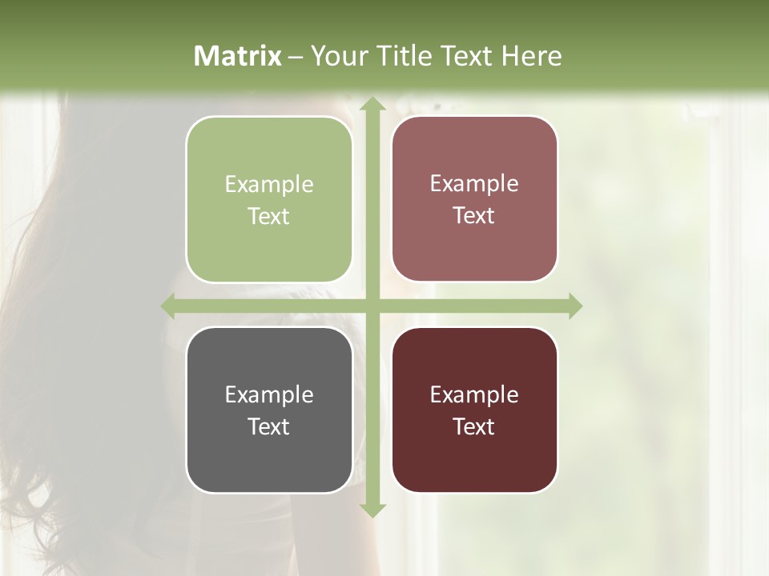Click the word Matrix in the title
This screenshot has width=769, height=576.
tap(238, 56)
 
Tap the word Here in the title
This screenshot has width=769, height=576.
tap(531, 56)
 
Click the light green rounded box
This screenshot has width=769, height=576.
tap(269, 199)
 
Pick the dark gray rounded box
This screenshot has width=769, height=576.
tap(269, 410)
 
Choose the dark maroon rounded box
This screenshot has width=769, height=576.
tap(474, 410)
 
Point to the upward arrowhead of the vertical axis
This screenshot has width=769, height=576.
tap(372, 104)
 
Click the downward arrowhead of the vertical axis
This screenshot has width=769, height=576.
tap(372, 510)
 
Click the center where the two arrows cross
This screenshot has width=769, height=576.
tap(372, 306)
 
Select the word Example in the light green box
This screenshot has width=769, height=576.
tap(269, 185)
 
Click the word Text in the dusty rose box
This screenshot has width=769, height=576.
tap(474, 216)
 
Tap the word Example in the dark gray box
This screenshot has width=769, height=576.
tap(269, 395)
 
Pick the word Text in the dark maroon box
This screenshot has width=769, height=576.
tap(474, 427)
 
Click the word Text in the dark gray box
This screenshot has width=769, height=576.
tap(269, 427)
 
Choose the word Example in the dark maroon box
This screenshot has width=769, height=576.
tap(474, 395)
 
